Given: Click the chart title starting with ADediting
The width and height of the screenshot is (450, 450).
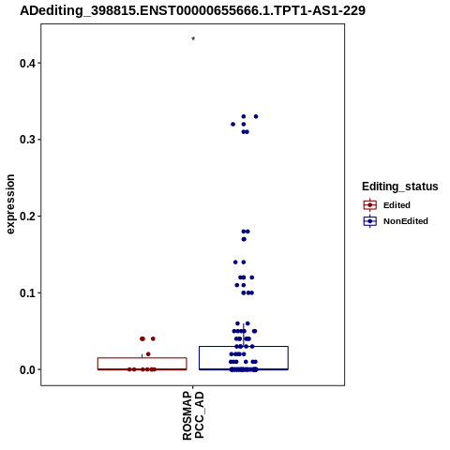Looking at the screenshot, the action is (192, 10).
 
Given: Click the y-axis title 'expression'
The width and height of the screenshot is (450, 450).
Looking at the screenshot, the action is (10, 204).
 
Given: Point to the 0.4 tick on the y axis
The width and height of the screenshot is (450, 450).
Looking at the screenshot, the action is (26, 64).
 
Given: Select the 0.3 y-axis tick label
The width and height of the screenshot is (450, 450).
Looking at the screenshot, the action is (26, 140).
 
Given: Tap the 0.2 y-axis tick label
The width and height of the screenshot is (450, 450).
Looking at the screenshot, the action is (26, 217).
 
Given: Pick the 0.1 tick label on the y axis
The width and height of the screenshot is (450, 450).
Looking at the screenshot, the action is (26, 293).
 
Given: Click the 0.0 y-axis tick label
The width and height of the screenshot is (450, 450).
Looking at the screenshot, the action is (26, 369).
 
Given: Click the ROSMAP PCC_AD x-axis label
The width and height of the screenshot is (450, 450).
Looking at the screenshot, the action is (193, 415).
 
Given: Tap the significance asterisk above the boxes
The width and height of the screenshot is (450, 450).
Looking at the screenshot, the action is (193, 38).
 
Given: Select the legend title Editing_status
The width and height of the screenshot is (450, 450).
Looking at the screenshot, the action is (400, 187).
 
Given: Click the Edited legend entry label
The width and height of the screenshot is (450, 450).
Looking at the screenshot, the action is (397, 205).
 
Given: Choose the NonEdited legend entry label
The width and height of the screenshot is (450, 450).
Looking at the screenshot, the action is (406, 221).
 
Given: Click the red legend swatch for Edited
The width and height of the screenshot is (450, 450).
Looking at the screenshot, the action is (370, 205).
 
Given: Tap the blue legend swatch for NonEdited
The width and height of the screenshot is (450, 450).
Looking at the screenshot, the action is (370, 221).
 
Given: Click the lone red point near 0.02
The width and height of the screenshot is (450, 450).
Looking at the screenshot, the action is (148, 354).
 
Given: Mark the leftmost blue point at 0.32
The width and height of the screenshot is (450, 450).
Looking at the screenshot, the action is (232, 125).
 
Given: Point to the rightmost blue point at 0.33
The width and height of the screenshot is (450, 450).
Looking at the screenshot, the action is (256, 116).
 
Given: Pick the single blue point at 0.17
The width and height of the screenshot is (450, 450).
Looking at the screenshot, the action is (244, 239).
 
